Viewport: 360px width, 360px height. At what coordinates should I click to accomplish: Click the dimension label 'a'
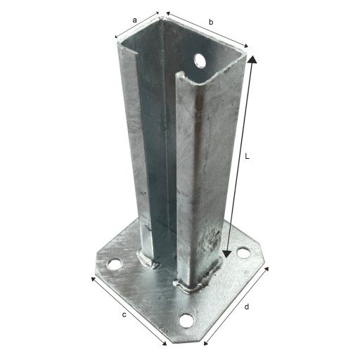click(x=134, y=20)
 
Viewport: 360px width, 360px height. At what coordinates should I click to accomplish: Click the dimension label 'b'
click(x=211, y=22)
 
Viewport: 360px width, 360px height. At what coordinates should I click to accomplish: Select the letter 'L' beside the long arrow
click(x=247, y=156)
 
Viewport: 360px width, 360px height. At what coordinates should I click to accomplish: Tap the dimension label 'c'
click(x=124, y=315)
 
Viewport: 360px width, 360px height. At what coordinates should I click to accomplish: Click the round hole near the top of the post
click(x=199, y=61)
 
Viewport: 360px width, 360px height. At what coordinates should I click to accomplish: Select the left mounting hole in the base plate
click(x=115, y=264)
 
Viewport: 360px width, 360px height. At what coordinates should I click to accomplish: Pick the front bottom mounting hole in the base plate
click(x=186, y=320)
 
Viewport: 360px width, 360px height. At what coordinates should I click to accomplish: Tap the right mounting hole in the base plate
click(x=244, y=253)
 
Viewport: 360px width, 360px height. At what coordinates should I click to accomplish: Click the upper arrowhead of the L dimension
click(x=252, y=60)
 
